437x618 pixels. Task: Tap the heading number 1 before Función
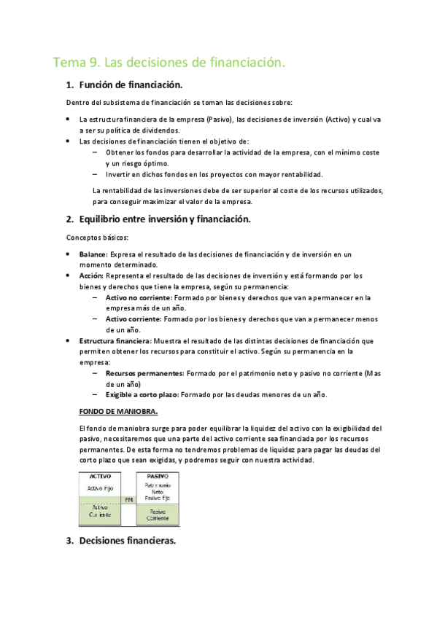click(x=69, y=85)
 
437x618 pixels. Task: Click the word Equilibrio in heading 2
click(x=107, y=219)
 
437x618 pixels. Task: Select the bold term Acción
click(x=91, y=276)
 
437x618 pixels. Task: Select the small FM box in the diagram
click(x=128, y=499)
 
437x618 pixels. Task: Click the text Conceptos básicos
click(x=97, y=238)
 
